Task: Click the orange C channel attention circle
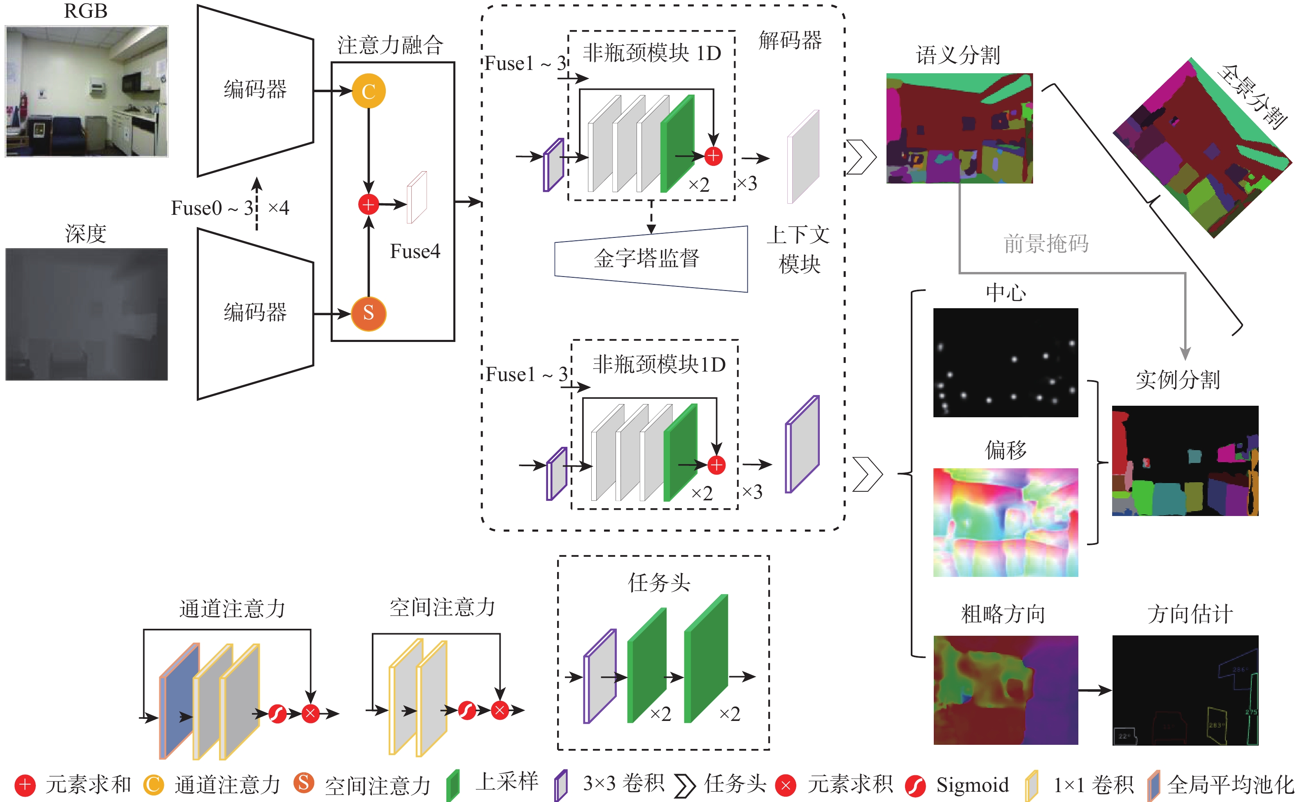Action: (x=368, y=91)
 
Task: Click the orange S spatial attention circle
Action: (x=368, y=314)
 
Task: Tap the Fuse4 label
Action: (x=415, y=251)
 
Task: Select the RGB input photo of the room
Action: (x=86, y=91)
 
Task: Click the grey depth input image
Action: (x=86, y=314)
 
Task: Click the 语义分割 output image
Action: (x=959, y=128)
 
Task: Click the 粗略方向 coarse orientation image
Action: (x=1005, y=690)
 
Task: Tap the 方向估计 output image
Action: (x=1185, y=690)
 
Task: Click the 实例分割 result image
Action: (x=1185, y=460)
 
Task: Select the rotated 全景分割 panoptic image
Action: (x=1202, y=149)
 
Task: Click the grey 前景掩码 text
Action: (x=1045, y=244)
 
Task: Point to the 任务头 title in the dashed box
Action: (x=659, y=582)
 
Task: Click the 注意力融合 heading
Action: (x=390, y=45)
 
